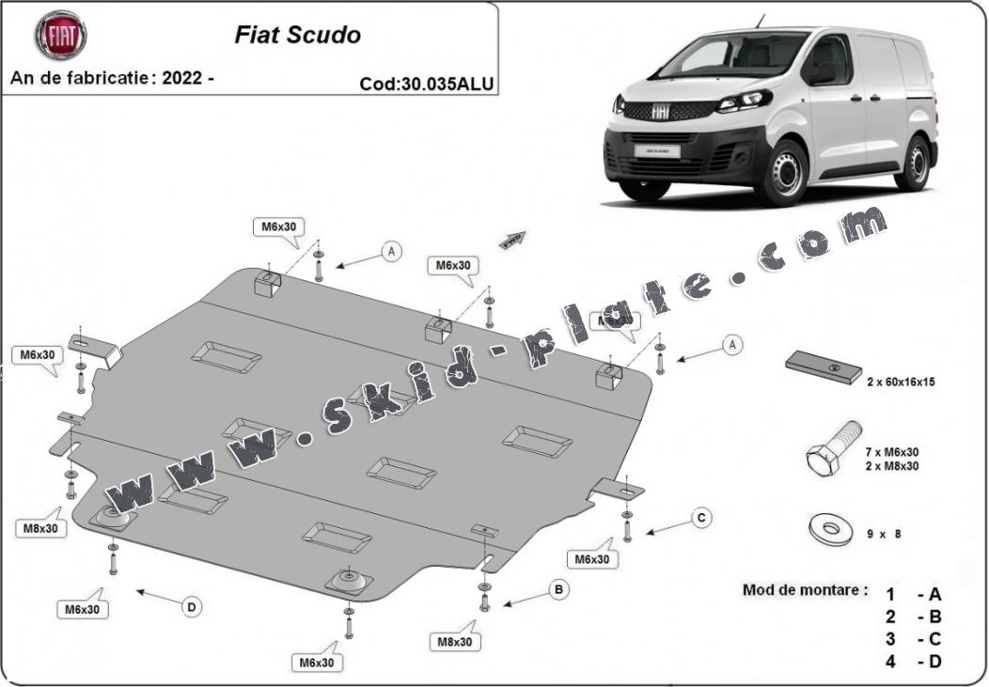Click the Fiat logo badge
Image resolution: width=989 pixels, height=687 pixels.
tap(61, 35)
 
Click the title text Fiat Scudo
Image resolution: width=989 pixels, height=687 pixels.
tap(296, 35)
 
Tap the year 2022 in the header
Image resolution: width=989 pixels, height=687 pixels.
tap(182, 78)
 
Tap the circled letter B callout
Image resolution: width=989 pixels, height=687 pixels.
tap(559, 590)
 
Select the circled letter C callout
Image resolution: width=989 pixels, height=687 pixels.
tap(700, 518)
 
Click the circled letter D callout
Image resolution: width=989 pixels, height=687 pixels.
tap(192, 607)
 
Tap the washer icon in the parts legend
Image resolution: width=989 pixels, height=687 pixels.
tap(831, 528)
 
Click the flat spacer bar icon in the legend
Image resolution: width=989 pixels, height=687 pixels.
tap(824, 366)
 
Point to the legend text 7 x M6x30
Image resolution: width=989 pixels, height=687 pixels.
tap(892, 451)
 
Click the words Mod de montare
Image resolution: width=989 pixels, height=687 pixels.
tap(805, 590)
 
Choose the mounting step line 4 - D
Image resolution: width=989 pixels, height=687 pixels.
tap(912, 661)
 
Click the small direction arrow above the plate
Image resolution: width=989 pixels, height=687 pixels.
tap(512, 240)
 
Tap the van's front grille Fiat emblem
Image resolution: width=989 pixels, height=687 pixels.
tap(661, 111)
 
